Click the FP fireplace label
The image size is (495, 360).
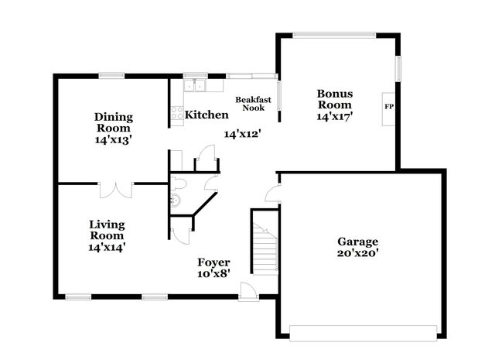coord(389,107)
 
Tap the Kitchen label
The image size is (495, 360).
coord(207,115)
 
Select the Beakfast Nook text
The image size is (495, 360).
coord(253,104)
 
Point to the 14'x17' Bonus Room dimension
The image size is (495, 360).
coord(334,117)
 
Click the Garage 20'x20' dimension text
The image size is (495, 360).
coord(357,253)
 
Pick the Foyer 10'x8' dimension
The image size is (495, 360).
coord(213,274)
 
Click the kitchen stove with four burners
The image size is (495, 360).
coord(177,113)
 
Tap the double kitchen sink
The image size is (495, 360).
coord(195,85)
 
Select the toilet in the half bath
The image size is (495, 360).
coord(178,184)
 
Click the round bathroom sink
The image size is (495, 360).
coord(176,201)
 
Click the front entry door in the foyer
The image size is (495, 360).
coord(248,291)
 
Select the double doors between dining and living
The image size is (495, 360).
coord(116,190)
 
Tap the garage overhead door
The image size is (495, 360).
coord(363,333)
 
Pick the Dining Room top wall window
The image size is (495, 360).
coord(111,76)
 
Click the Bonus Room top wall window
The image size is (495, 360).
coord(334,35)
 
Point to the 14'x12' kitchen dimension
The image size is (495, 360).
coord(242,134)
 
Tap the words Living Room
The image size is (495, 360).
coord(107,230)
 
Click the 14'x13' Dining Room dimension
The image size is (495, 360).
coord(114,139)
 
